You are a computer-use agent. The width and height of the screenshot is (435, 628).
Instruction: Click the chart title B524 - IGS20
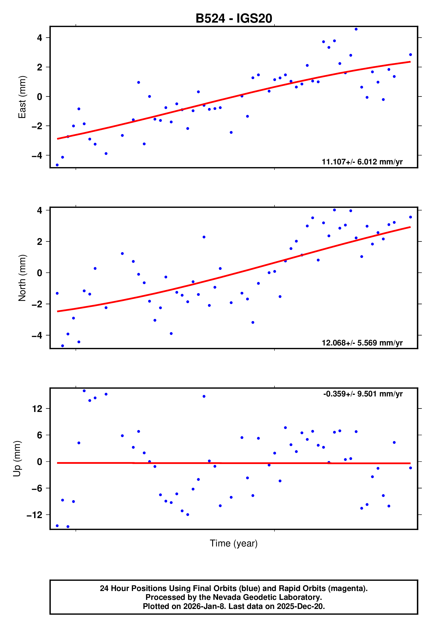234,19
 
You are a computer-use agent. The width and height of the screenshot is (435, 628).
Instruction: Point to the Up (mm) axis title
17,459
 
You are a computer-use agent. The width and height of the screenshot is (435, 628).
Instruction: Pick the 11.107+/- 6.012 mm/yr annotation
362,162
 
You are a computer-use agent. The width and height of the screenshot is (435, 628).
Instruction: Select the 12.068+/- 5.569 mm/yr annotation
362,343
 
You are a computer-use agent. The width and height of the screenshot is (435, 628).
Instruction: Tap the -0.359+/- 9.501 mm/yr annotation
363,394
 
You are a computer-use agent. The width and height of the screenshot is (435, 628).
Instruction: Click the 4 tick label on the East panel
40,38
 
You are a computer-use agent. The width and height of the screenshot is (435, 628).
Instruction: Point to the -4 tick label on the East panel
37,156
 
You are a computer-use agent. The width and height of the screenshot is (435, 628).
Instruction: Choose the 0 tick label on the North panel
40,273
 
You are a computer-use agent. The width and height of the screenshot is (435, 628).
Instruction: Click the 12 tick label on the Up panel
37,409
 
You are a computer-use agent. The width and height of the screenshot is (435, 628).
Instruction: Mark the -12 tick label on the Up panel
35,515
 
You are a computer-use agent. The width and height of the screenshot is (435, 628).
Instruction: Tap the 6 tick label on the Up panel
40,435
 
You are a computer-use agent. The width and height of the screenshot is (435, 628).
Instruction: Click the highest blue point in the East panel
356,29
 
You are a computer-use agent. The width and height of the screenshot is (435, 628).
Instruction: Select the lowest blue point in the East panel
57,165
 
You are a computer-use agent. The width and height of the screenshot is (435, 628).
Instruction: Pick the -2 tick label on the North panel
37,304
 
